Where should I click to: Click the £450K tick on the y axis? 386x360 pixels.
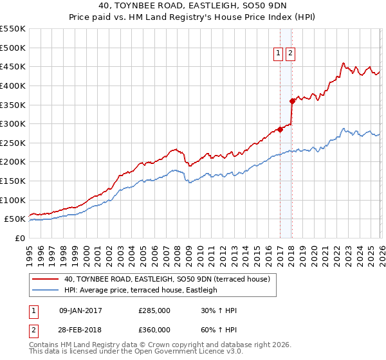[13, 66]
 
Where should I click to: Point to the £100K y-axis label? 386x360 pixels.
[13, 200]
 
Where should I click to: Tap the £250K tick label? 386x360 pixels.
[13, 143]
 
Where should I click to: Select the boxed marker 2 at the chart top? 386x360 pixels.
[291, 54]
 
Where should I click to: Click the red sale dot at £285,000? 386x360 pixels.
[280, 129]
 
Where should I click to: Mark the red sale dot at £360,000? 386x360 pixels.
[293, 100]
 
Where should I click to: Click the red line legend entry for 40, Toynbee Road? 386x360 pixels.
[170, 279]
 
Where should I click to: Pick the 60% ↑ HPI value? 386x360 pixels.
[219, 329]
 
